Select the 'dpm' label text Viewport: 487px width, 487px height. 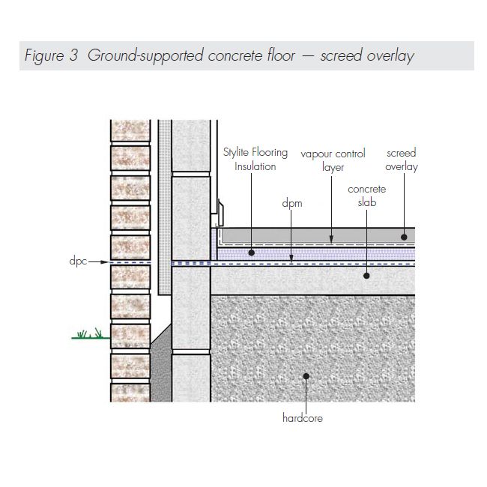coord(291,203)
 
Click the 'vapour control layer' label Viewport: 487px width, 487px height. coord(333,160)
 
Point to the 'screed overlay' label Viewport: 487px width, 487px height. coord(401,160)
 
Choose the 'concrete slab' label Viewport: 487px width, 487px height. coord(366,197)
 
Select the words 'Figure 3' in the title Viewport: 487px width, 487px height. coord(51,56)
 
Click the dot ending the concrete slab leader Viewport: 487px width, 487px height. coord(367,276)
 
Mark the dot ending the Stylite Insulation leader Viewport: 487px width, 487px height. coord(252,253)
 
